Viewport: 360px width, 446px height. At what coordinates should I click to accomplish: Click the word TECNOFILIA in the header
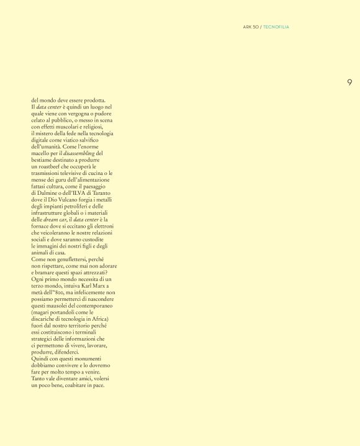pos(276,27)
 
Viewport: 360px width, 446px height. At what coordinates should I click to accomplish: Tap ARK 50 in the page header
pos(251,27)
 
